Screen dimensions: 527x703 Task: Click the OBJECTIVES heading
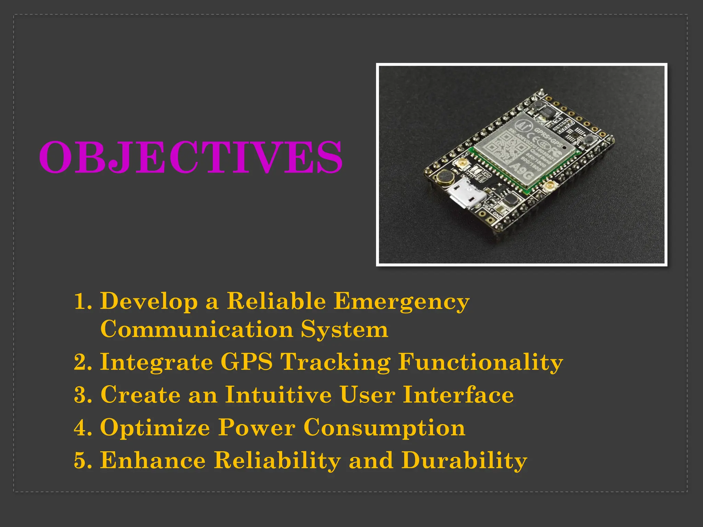click(191, 157)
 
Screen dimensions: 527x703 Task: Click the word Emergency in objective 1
click(401, 301)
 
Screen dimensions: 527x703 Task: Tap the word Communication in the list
click(197, 329)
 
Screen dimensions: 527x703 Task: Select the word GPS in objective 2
click(246, 362)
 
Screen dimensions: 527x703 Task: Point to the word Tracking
click(335, 362)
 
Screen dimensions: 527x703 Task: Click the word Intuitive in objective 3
click(278, 395)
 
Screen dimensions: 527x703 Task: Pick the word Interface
click(458, 395)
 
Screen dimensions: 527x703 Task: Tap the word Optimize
click(155, 428)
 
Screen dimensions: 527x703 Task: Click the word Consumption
click(384, 428)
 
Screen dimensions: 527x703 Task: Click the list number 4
click(82, 428)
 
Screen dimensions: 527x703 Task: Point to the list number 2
click(82, 362)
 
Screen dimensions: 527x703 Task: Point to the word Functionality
click(481, 362)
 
